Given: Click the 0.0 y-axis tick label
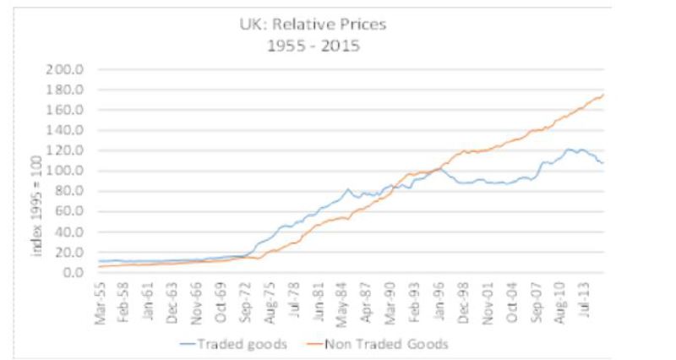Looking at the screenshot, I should pyautogui.click(x=76, y=272).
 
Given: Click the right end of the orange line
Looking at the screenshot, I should pyautogui.click(x=602, y=95).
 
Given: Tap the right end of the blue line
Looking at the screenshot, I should pyautogui.click(x=602, y=162).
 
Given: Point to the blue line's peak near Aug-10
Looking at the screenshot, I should pyautogui.click(x=570, y=150).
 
